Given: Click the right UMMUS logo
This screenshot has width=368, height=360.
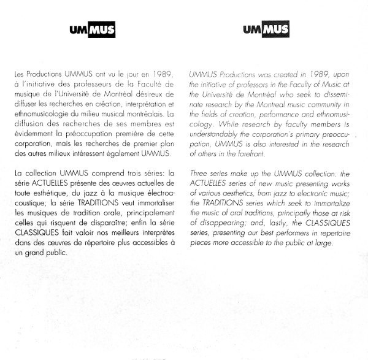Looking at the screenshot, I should coord(266,30).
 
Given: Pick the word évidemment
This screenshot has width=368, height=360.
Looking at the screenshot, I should coord(33,134).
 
